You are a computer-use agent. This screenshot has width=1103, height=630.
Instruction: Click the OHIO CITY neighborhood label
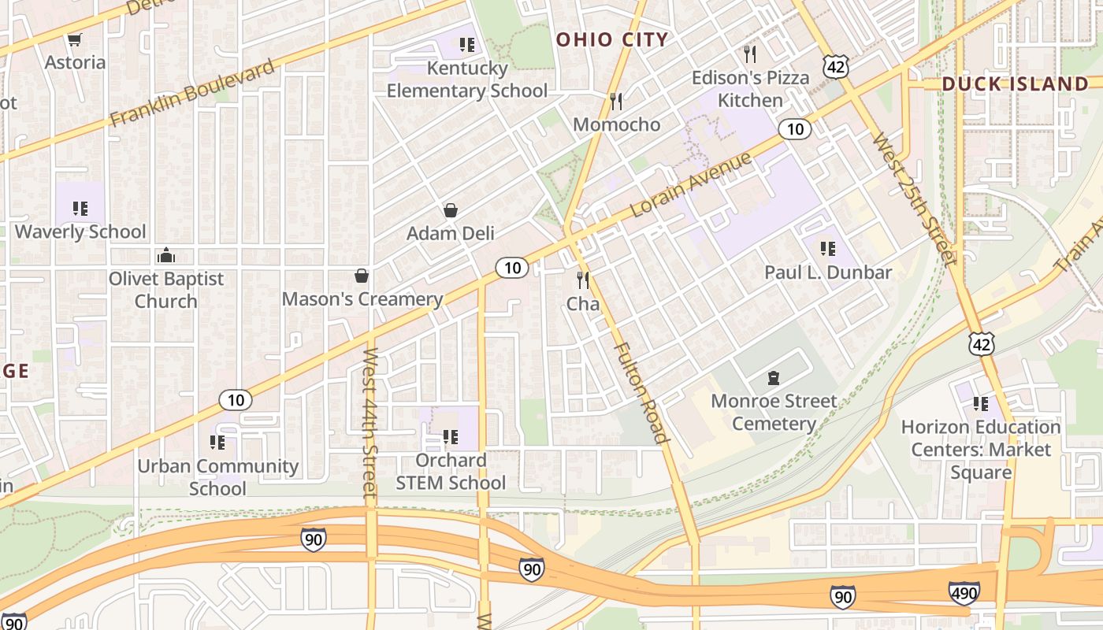click(x=612, y=39)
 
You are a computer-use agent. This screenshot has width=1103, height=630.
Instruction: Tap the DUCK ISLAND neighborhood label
click(x=1015, y=84)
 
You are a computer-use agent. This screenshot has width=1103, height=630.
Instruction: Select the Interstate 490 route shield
click(x=964, y=592)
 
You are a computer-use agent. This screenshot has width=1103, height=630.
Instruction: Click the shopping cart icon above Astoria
click(x=75, y=39)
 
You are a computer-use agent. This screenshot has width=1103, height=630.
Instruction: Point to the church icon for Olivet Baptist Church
click(x=166, y=255)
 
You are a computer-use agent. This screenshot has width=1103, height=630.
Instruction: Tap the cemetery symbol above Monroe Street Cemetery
click(x=774, y=378)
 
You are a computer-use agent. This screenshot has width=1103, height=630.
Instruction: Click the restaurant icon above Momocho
click(x=616, y=101)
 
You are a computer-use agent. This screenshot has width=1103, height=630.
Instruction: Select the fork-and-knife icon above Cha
click(x=583, y=280)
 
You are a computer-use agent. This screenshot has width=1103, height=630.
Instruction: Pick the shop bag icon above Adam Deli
click(x=451, y=210)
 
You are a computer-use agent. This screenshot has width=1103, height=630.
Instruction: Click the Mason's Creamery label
click(x=362, y=299)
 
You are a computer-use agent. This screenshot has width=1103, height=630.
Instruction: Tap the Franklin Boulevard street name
click(x=192, y=92)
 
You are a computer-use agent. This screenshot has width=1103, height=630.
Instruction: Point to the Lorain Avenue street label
click(x=691, y=186)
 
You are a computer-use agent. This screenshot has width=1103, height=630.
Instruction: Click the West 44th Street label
click(x=370, y=422)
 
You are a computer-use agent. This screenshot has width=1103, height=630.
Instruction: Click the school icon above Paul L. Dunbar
click(x=827, y=249)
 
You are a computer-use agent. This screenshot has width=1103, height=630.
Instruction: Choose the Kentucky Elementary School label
click(x=466, y=80)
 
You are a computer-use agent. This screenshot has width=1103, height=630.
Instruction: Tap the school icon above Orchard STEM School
click(x=450, y=436)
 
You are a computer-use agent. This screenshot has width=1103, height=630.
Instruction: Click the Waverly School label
click(x=80, y=232)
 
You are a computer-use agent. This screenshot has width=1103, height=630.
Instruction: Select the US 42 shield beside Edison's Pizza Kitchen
click(x=836, y=67)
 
